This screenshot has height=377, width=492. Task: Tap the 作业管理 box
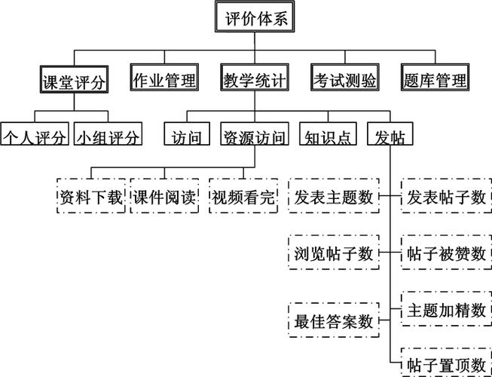pos(163,78)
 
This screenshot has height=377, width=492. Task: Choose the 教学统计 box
pos(254,78)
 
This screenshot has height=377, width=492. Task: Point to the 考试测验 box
pos(344,78)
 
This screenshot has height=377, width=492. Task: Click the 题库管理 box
pos(435,78)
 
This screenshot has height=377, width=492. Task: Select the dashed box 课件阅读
pos(164,198)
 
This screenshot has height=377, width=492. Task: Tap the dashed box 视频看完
pos(243,198)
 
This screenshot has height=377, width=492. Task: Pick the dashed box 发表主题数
pos(334,198)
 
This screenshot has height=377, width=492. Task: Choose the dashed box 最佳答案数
pos(334,320)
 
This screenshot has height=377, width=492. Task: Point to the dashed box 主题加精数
pos(446,309)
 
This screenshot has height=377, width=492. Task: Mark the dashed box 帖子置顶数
pos(446,364)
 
